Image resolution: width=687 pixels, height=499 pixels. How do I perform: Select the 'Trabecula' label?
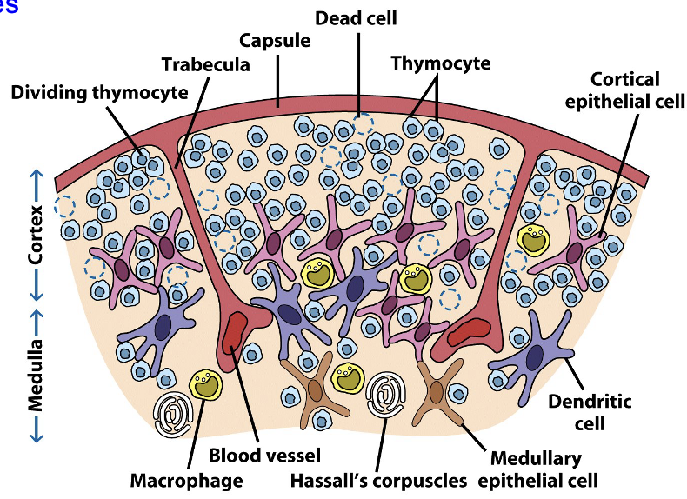pyautogui.click(x=206, y=65)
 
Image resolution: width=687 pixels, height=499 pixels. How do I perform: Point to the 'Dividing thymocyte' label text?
pyautogui.click(x=100, y=92)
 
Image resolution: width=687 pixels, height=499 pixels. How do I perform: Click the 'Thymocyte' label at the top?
pyautogui.click(x=440, y=63)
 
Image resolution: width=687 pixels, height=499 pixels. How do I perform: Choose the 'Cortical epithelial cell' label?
pyautogui.click(x=612, y=90)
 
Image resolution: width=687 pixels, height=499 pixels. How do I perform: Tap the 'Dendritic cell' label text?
pyautogui.click(x=590, y=413)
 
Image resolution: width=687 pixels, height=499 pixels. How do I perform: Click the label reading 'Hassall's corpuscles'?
pyautogui.click(x=384, y=480)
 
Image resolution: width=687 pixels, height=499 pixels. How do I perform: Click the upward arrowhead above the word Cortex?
pyautogui.click(x=36, y=174)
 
